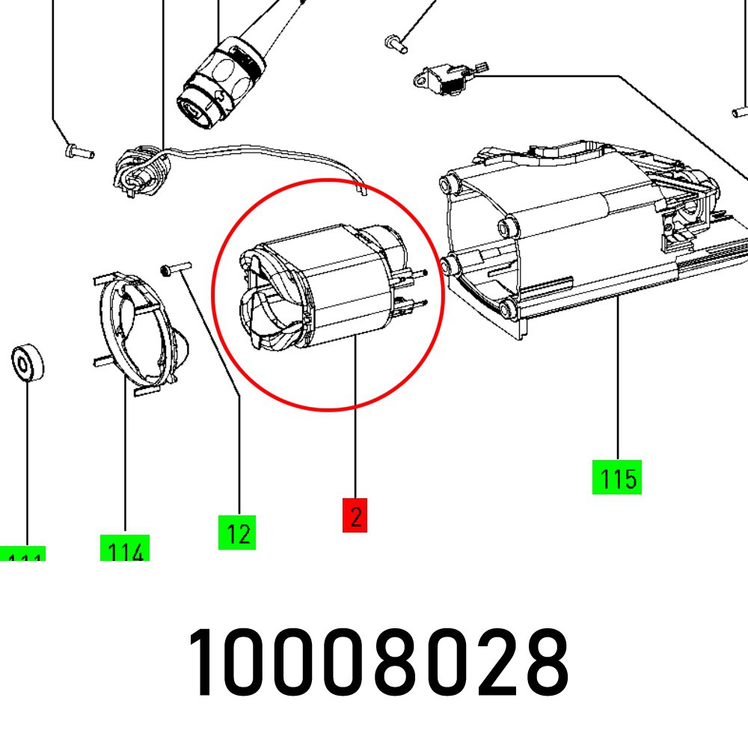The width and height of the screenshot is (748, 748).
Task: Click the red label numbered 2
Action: click(355, 515)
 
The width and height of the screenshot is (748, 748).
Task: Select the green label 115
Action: click(617, 477)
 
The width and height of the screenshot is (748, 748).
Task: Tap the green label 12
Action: click(237, 532)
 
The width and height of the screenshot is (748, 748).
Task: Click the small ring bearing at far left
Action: click(26, 364)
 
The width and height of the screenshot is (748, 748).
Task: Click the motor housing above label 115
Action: click(568, 239)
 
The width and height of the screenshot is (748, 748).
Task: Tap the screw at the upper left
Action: click(76, 152)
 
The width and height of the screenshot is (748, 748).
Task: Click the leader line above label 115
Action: click(618, 381)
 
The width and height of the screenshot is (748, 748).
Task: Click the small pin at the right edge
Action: click(740, 113)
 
